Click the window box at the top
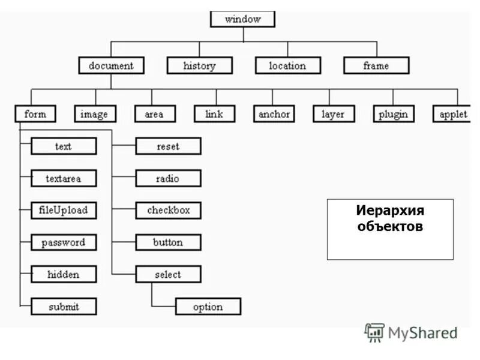click(242, 19)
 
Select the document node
click(111, 65)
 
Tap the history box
click(199, 65)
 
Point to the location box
click(287, 65)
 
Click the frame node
click(376, 65)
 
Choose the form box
click(35, 114)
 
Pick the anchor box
click(274, 114)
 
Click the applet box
click(452, 114)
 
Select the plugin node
click(393, 114)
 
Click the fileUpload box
click(64, 211)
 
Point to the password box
click(64, 243)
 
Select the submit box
click(64, 307)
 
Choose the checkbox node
click(168, 211)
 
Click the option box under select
click(208, 307)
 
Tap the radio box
click(168, 178)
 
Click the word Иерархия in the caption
click(389, 211)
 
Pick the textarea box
click(64, 178)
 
